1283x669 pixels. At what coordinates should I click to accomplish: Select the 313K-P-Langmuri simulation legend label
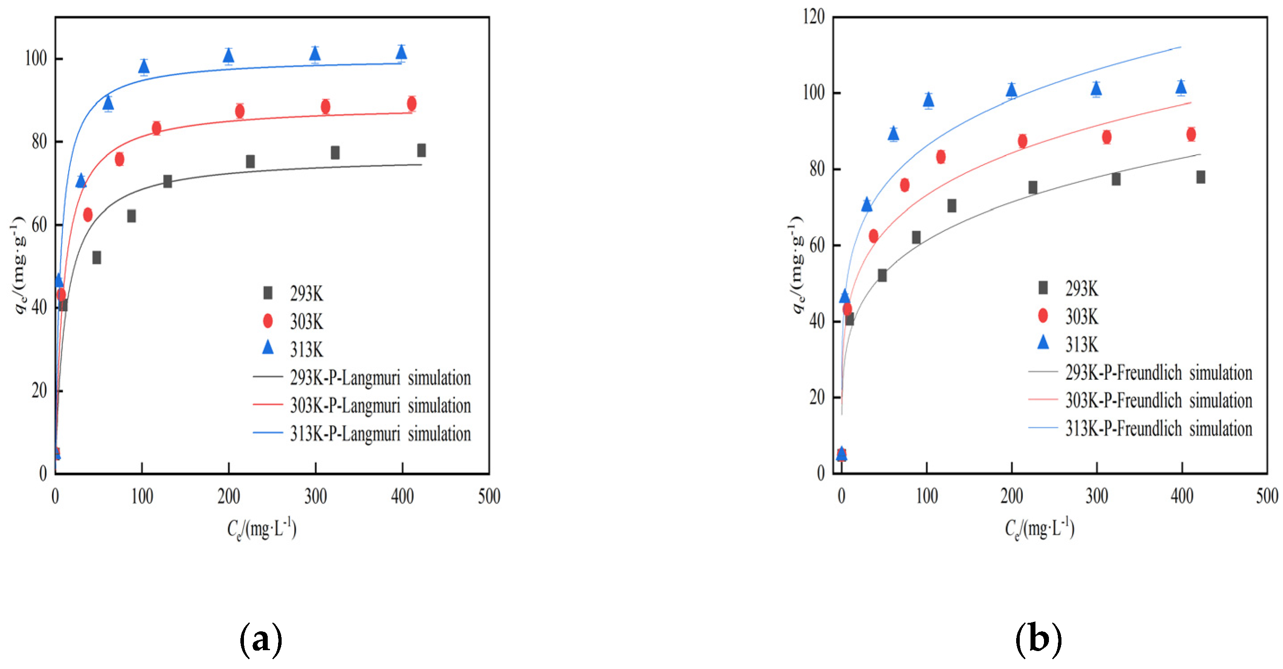click(x=380, y=434)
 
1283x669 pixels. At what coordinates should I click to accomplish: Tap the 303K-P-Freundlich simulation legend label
click(x=1158, y=400)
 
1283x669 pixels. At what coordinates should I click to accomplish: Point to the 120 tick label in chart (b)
click(x=813, y=17)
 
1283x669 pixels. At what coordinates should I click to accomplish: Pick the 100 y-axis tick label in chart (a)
click(x=36, y=59)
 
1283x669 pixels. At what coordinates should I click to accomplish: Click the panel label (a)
click(x=261, y=639)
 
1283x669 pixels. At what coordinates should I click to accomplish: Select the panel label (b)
click(x=1039, y=639)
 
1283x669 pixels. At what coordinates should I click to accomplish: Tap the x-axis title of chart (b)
click(x=1039, y=529)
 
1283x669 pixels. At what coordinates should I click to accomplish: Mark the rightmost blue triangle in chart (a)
click(x=401, y=52)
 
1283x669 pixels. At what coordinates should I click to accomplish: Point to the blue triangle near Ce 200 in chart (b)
click(x=1011, y=90)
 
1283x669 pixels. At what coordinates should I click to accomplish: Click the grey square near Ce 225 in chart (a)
click(x=250, y=161)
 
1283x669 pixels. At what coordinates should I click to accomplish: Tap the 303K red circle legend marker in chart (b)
click(x=1043, y=315)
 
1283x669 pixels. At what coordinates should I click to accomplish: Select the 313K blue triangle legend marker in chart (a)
click(x=268, y=347)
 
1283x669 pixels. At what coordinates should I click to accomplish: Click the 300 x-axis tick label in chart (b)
click(x=1097, y=496)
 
